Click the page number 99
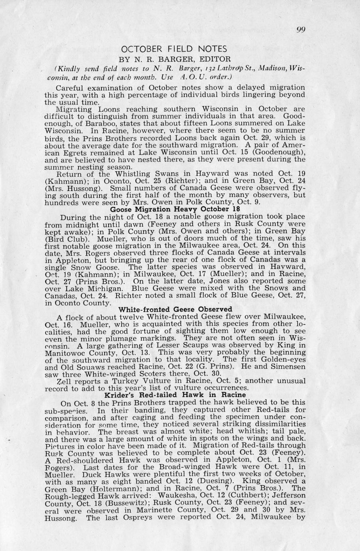click(x=301, y=30)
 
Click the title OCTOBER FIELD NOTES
click(x=174, y=49)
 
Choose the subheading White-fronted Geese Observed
click(x=176, y=309)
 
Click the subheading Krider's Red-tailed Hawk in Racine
click(x=175, y=395)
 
